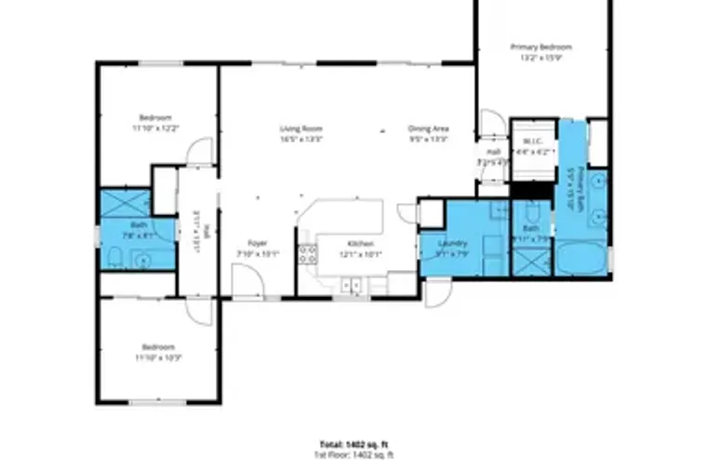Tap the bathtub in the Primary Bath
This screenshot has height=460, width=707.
pyautogui.click(x=581, y=256)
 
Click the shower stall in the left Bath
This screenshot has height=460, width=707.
pyautogui.click(x=118, y=203)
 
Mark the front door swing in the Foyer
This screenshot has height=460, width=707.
pyautogui.click(x=246, y=279)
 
